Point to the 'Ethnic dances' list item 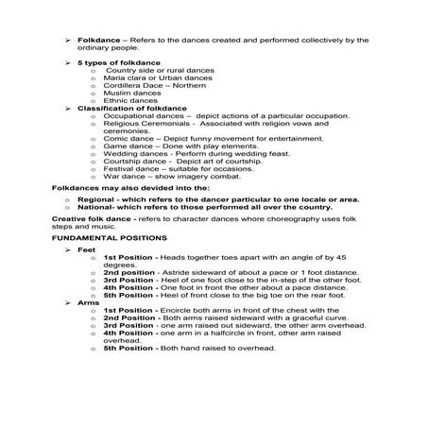129,100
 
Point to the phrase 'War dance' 125,176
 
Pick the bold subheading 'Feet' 86,251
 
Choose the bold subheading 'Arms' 87,301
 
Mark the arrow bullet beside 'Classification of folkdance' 67,108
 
